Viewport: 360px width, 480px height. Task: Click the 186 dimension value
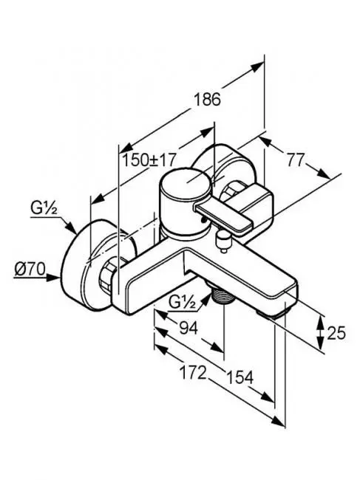pyautogui.click(x=208, y=99)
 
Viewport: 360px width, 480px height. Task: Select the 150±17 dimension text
pyautogui.click(x=149, y=160)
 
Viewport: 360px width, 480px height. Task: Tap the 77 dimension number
pyautogui.click(x=296, y=160)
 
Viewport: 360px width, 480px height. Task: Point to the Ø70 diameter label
pyautogui.click(x=30, y=270)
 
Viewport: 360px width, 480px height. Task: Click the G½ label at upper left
pyautogui.click(x=44, y=208)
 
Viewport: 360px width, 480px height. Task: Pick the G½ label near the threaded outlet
pyautogui.click(x=183, y=304)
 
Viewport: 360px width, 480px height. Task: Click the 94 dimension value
pyautogui.click(x=189, y=329)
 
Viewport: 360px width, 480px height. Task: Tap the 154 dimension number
pyautogui.click(x=240, y=377)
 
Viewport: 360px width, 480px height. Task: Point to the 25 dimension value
pyautogui.click(x=336, y=333)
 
